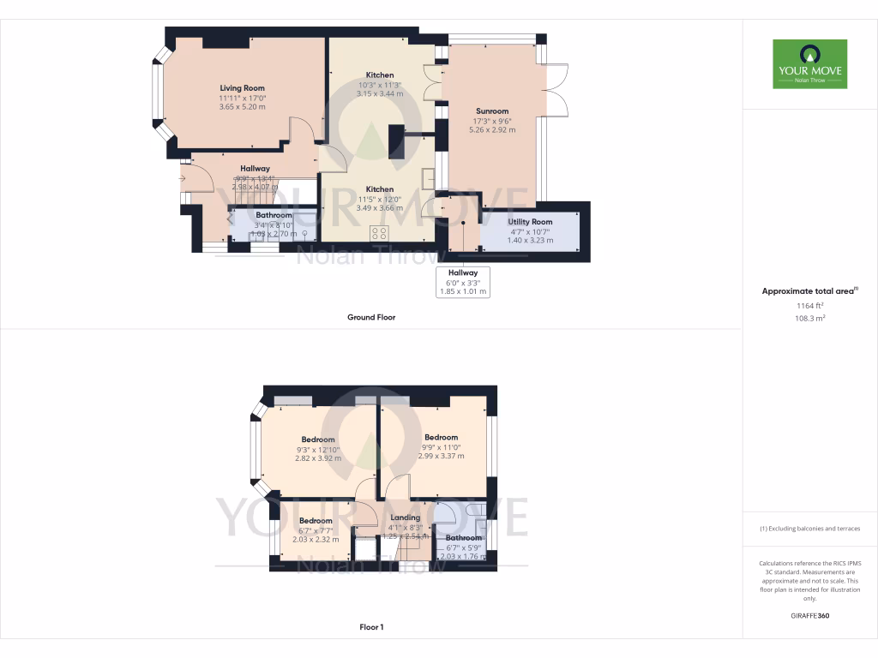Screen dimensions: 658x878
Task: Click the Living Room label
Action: [242, 88]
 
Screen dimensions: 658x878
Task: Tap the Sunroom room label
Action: [492, 111]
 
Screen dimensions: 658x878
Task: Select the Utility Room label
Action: [530, 222]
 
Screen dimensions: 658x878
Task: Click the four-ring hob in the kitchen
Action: [380, 232]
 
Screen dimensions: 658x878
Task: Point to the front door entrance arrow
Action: [183, 178]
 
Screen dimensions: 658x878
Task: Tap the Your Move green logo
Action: [809, 63]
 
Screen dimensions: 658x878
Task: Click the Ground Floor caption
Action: [370, 317]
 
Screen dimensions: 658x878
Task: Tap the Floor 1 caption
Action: [371, 627]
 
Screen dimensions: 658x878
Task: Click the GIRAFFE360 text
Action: [809, 616]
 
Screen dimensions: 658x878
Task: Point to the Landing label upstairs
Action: [406, 517]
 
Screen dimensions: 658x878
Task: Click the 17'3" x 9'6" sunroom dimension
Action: [492, 121]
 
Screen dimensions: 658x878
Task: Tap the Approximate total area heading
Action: [809, 291]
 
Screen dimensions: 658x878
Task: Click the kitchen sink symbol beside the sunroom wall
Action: [428, 178]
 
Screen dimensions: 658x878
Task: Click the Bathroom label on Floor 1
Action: [463, 538]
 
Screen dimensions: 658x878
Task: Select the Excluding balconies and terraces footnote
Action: [809, 529]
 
